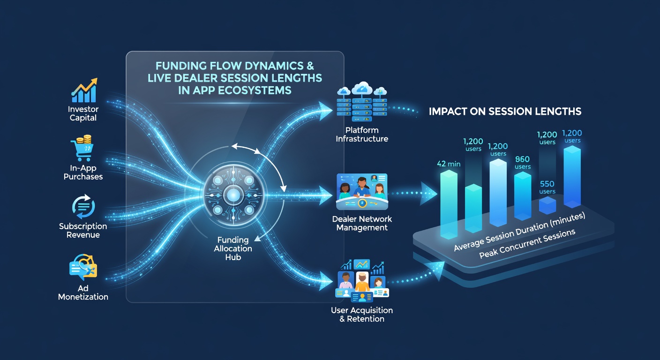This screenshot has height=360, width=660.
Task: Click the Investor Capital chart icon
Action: tap(84, 90)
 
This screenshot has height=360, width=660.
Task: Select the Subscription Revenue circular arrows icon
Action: tap(83, 206)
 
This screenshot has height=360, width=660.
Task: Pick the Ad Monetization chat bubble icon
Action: tap(83, 267)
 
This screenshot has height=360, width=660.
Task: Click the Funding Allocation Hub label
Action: tap(233, 248)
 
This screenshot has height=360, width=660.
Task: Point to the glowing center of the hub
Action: tap(233, 195)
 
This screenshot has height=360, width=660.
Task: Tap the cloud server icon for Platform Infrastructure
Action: tap(362, 102)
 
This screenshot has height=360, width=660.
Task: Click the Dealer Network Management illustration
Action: tap(362, 192)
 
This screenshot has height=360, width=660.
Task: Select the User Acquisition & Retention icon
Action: tap(362, 281)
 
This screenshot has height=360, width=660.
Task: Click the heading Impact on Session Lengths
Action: tap(505, 112)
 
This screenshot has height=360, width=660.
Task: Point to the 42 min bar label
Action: tap(449, 164)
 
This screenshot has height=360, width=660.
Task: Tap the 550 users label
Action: tap(547, 187)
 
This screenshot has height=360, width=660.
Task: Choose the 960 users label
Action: tap(522, 163)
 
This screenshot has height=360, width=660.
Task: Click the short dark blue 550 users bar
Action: tap(547, 205)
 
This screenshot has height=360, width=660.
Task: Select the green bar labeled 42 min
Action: tap(449, 204)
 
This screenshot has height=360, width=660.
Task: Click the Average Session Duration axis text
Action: tap(519, 232)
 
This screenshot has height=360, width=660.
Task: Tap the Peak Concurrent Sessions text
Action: tap(527, 244)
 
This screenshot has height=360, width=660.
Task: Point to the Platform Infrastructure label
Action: tap(362, 135)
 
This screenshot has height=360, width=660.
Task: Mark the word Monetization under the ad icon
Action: tap(83, 297)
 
